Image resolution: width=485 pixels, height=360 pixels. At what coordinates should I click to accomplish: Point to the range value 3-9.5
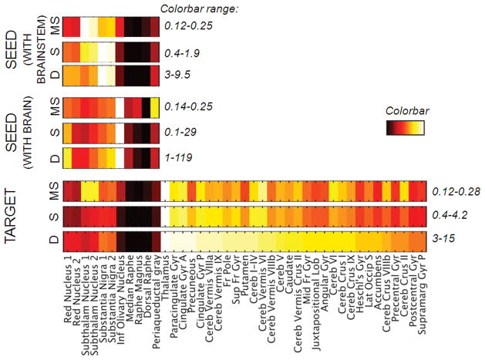177,76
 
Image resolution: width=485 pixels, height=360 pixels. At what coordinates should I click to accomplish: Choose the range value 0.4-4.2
450,214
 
